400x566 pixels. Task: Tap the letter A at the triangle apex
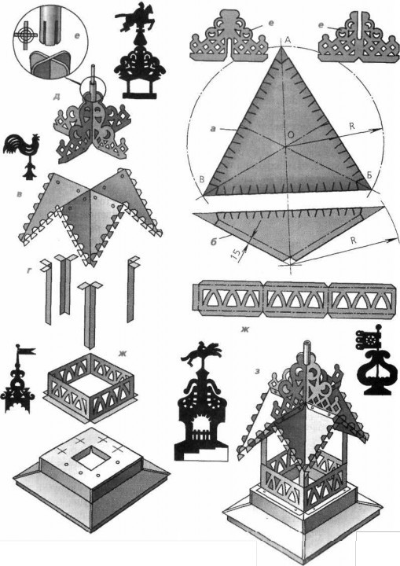pyautogui.click(x=288, y=40)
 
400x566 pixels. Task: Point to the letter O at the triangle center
pyautogui.click(x=291, y=134)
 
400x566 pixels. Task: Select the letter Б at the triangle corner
pyautogui.click(x=369, y=175)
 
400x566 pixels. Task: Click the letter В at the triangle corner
pyautogui.click(x=202, y=179)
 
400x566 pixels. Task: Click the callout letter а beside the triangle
pyautogui.click(x=214, y=128)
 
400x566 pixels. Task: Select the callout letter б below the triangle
pyautogui.click(x=214, y=241)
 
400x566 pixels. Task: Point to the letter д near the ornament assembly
pyautogui.click(x=57, y=97)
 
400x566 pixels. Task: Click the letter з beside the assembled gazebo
pyautogui.click(x=257, y=371)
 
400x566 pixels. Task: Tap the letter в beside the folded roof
pyautogui.click(x=20, y=194)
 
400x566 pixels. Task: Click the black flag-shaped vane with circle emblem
pyautogui.click(x=369, y=337)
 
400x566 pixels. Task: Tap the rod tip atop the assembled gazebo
pyautogui.click(x=307, y=343)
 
